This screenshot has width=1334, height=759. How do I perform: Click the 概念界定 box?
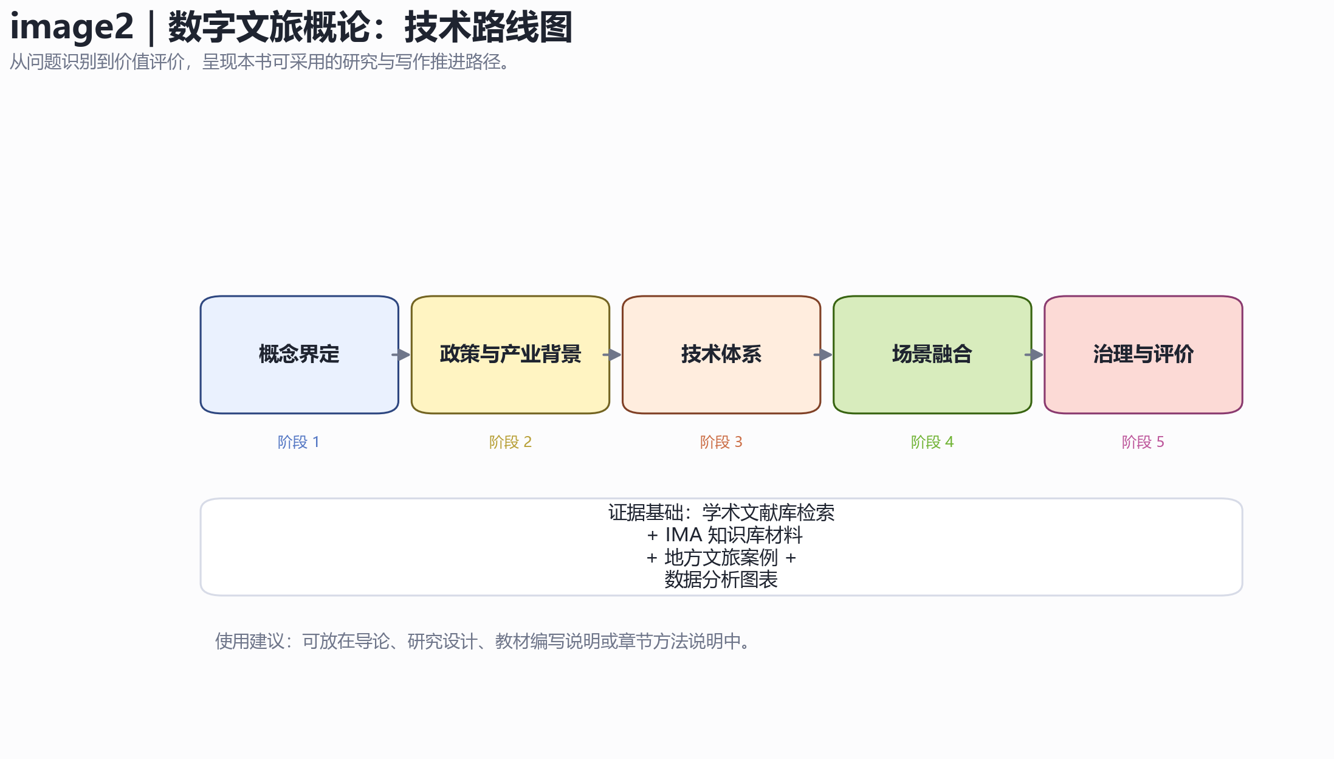pos(299,355)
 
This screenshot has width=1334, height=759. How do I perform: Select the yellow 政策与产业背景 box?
pos(511,355)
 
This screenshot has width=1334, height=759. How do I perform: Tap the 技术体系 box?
pos(721,355)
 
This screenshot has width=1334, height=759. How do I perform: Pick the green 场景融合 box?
pos(932,355)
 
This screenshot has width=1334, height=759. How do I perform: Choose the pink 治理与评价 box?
pos(1143,355)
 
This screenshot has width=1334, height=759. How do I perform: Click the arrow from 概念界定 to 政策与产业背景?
pos(401,355)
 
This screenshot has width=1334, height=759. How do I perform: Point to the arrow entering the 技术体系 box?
pos(612,355)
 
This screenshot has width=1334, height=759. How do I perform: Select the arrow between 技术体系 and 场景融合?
pos(823,355)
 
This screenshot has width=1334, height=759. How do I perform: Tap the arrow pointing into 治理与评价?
pos(1034,355)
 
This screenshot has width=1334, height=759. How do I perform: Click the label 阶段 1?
pos(298,442)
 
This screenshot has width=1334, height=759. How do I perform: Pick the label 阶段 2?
pos(510,442)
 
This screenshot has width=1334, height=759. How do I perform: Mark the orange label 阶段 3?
pos(721,442)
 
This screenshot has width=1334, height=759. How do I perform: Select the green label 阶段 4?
pos(932,442)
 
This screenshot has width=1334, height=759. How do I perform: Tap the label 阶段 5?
pos(1143,442)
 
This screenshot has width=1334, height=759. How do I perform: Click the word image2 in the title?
pos(72,27)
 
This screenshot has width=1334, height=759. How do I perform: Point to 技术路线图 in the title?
pos(488,27)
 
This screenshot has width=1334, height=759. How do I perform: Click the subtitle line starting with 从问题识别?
pos(260,62)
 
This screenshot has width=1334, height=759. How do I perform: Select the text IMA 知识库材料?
pos(734,535)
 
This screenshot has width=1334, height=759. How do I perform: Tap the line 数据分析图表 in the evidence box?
pos(721,580)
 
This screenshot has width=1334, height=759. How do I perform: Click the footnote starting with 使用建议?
pos(484,641)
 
